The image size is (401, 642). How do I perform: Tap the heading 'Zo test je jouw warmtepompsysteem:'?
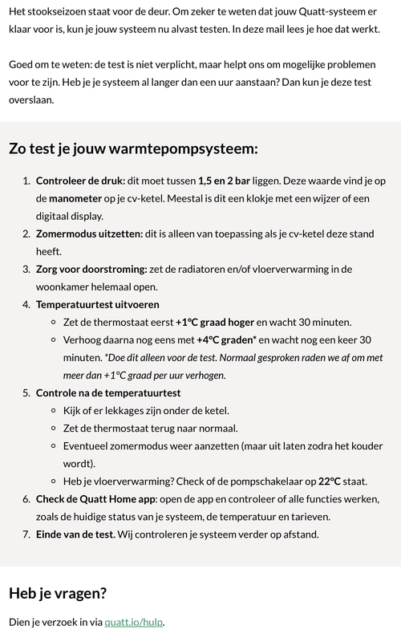coord(133,148)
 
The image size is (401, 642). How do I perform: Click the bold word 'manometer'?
coord(68,198)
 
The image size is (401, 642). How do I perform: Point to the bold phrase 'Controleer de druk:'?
coord(80,181)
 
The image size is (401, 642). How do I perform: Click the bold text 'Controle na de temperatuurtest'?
coord(108,392)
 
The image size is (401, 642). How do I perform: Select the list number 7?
coord(26,534)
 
